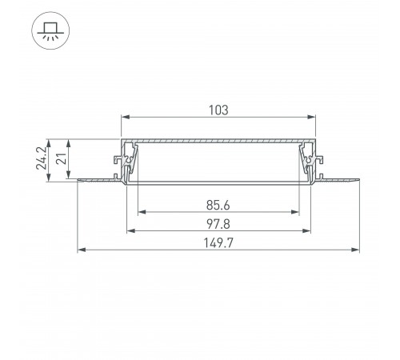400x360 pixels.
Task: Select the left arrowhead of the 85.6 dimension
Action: tap(142, 214)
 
